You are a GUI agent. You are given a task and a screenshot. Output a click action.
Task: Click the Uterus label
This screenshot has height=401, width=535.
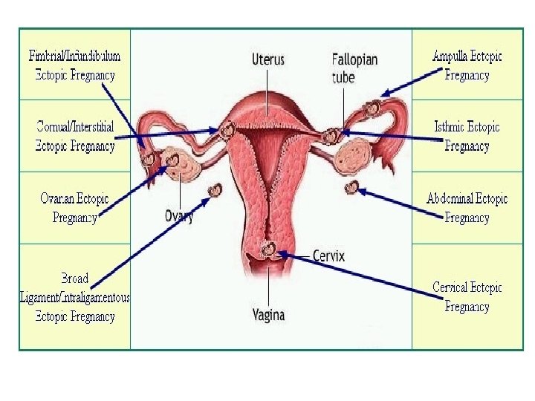point(268,59)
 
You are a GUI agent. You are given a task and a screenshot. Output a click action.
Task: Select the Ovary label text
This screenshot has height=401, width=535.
point(179,216)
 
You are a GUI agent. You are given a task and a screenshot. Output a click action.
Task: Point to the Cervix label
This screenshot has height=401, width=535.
point(328,256)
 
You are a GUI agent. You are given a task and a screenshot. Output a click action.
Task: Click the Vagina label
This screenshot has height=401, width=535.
point(268,315)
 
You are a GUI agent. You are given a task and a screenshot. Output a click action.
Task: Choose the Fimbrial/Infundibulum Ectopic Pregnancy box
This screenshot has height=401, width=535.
point(75,65)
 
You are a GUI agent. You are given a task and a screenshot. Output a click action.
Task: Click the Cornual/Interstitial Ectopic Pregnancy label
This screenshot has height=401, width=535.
point(75,137)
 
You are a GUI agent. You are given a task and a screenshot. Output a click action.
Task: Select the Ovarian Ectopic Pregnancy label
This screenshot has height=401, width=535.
point(75,208)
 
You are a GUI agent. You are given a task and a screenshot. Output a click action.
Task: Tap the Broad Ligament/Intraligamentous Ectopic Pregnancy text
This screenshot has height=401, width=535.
point(75,297)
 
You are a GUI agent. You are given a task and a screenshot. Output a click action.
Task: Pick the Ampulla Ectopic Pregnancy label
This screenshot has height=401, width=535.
point(467,65)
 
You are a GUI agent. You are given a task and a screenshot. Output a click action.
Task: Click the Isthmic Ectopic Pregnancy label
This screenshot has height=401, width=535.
point(467,137)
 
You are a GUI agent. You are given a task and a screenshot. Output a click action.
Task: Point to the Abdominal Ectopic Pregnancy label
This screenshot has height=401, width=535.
point(467,208)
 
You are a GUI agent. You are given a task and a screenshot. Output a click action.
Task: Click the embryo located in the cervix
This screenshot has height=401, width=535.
point(268,248)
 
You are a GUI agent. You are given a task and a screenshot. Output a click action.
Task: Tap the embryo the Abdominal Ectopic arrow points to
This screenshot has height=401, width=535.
point(352,187)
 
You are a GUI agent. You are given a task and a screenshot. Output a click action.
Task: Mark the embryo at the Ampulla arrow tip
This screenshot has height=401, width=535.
point(369,109)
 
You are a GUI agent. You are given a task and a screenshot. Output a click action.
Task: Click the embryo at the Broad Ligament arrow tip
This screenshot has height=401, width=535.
point(216,190)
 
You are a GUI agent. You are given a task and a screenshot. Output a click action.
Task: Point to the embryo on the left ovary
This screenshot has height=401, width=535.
point(174,160)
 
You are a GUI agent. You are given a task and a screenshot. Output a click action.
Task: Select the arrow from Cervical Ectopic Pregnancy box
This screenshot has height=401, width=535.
point(357,275)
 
